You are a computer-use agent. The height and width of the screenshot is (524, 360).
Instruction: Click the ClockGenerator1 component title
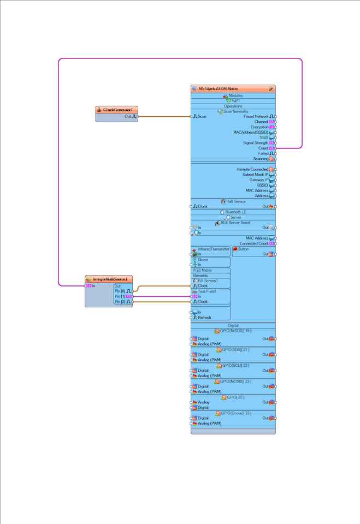117,110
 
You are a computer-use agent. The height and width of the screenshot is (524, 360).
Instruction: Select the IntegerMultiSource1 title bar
109,279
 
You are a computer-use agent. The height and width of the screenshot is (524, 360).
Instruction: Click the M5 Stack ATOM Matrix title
218,88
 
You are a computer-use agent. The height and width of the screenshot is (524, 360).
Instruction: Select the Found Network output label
256,116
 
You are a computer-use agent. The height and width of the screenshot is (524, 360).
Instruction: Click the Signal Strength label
256,143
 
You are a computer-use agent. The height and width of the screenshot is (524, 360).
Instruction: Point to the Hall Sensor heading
236,201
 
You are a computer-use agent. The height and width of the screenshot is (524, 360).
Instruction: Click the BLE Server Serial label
235,223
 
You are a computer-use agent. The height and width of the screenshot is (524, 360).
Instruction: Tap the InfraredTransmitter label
214,249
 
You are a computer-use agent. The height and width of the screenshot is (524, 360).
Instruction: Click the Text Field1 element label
207,291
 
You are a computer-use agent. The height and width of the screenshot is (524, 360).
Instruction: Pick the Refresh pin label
204,317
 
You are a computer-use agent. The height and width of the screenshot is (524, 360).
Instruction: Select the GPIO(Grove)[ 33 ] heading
236,413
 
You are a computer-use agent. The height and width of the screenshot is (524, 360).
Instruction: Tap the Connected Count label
254,243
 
